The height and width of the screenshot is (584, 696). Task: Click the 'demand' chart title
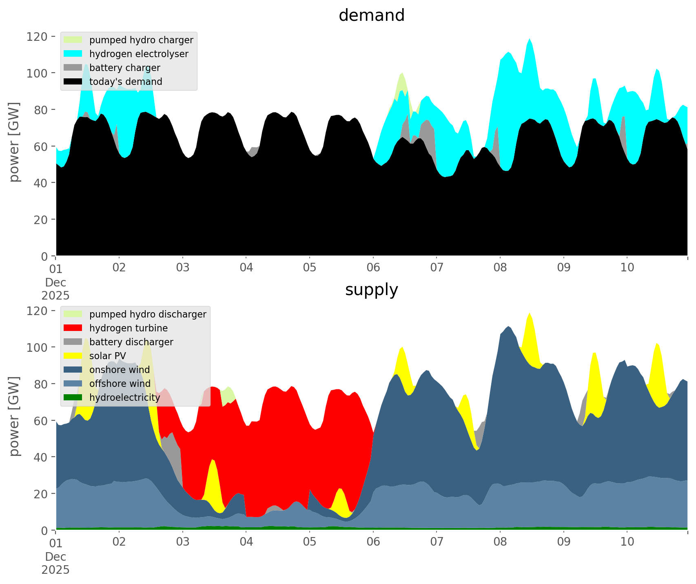click(x=371, y=16)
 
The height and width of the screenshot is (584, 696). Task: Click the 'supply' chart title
click(x=371, y=290)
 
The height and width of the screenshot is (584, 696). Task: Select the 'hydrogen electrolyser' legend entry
click(x=139, y=54)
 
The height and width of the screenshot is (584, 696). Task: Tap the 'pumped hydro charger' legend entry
click(x=141, y=40)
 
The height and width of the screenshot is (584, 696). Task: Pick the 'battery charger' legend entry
click(x=124, y=68)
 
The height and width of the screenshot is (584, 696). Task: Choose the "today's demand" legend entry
click(x=126, y=82)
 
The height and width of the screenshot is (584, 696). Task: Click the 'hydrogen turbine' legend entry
click(x=129, y=328)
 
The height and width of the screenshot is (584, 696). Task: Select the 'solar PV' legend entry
click(x=107, y=356)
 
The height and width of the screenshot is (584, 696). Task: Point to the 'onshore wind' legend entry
click(x=120, y=370)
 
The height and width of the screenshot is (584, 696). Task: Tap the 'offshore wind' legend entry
click(x=120, y=384)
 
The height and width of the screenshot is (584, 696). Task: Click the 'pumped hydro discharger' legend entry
click(x=148, y=314)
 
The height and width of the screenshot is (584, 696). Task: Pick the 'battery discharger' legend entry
click(x=131, y=342)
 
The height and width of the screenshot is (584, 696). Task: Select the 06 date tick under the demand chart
click(x=373, y=268)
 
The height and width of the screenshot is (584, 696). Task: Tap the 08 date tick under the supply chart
click(x=500, y=542)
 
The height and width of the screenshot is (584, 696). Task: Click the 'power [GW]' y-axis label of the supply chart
click(x=14, y=416)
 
